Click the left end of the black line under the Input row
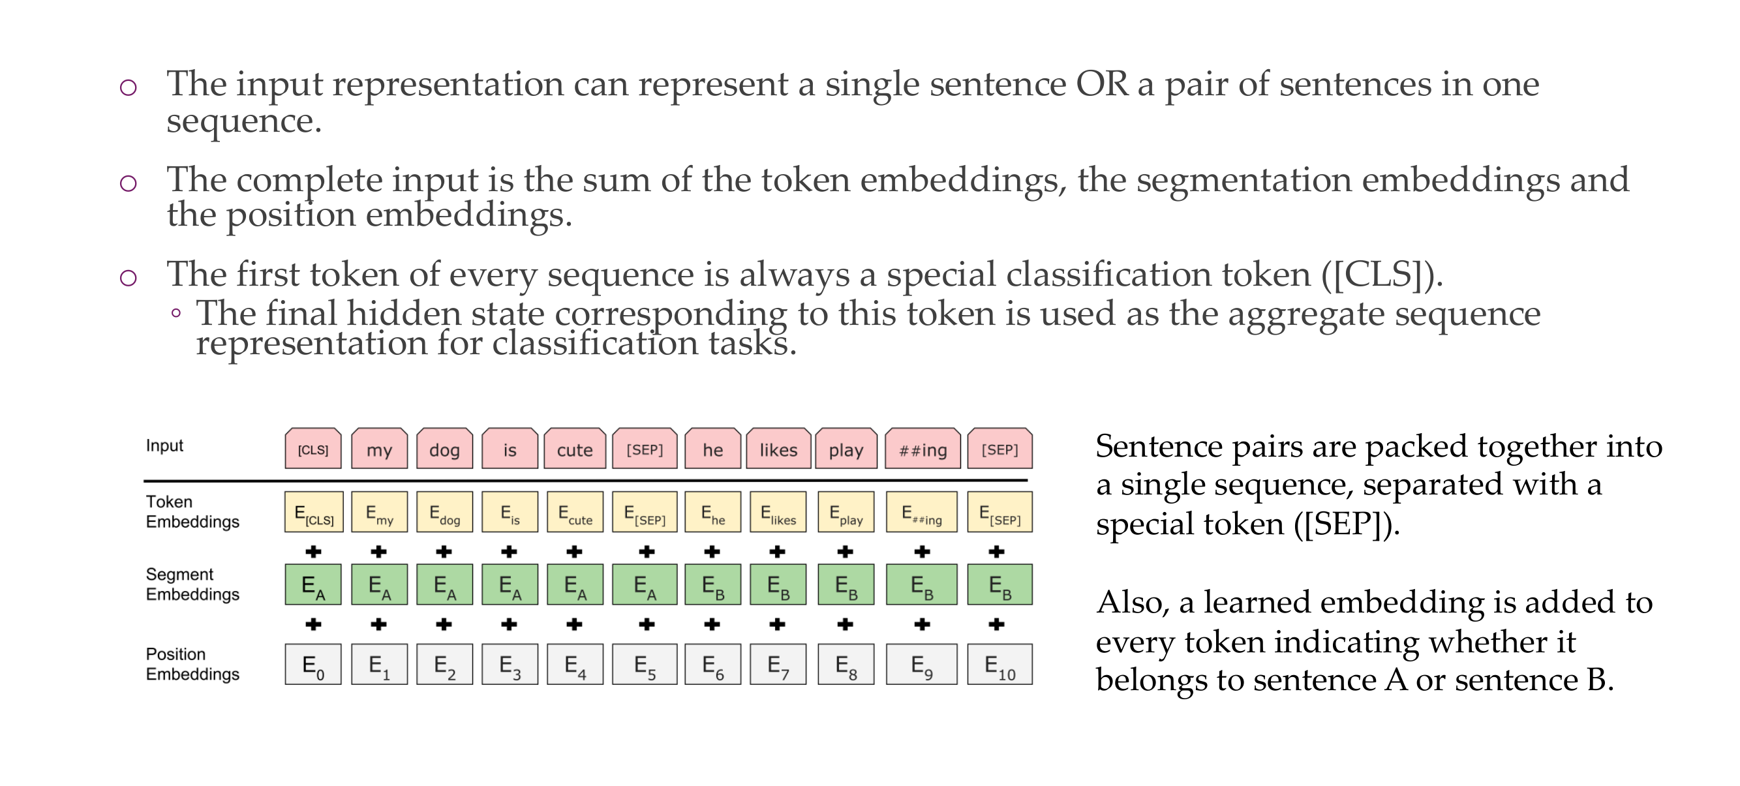(x=145, y=481)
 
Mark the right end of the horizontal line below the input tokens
(x=1028, y=481)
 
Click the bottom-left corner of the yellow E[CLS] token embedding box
(x=285, y=532)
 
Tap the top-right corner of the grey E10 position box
(x=1032, y=644)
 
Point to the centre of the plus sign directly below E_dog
(x=444, y=552)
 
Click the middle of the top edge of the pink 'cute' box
(x=575, y=428)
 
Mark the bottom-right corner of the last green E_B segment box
(x=1032, y=605)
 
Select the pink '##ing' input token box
(x=923, y=448)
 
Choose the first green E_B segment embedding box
(x=712, y=585)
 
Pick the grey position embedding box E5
(x=645, y=665)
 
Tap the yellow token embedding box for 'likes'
(x=778, y=512)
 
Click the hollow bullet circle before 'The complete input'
(x=129, y=183)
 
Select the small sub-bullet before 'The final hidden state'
(x=176, y=312)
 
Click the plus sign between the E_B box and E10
(x=996, y=625)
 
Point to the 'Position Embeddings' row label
(x=192, y=664)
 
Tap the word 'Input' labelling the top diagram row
(x=164, y=446)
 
